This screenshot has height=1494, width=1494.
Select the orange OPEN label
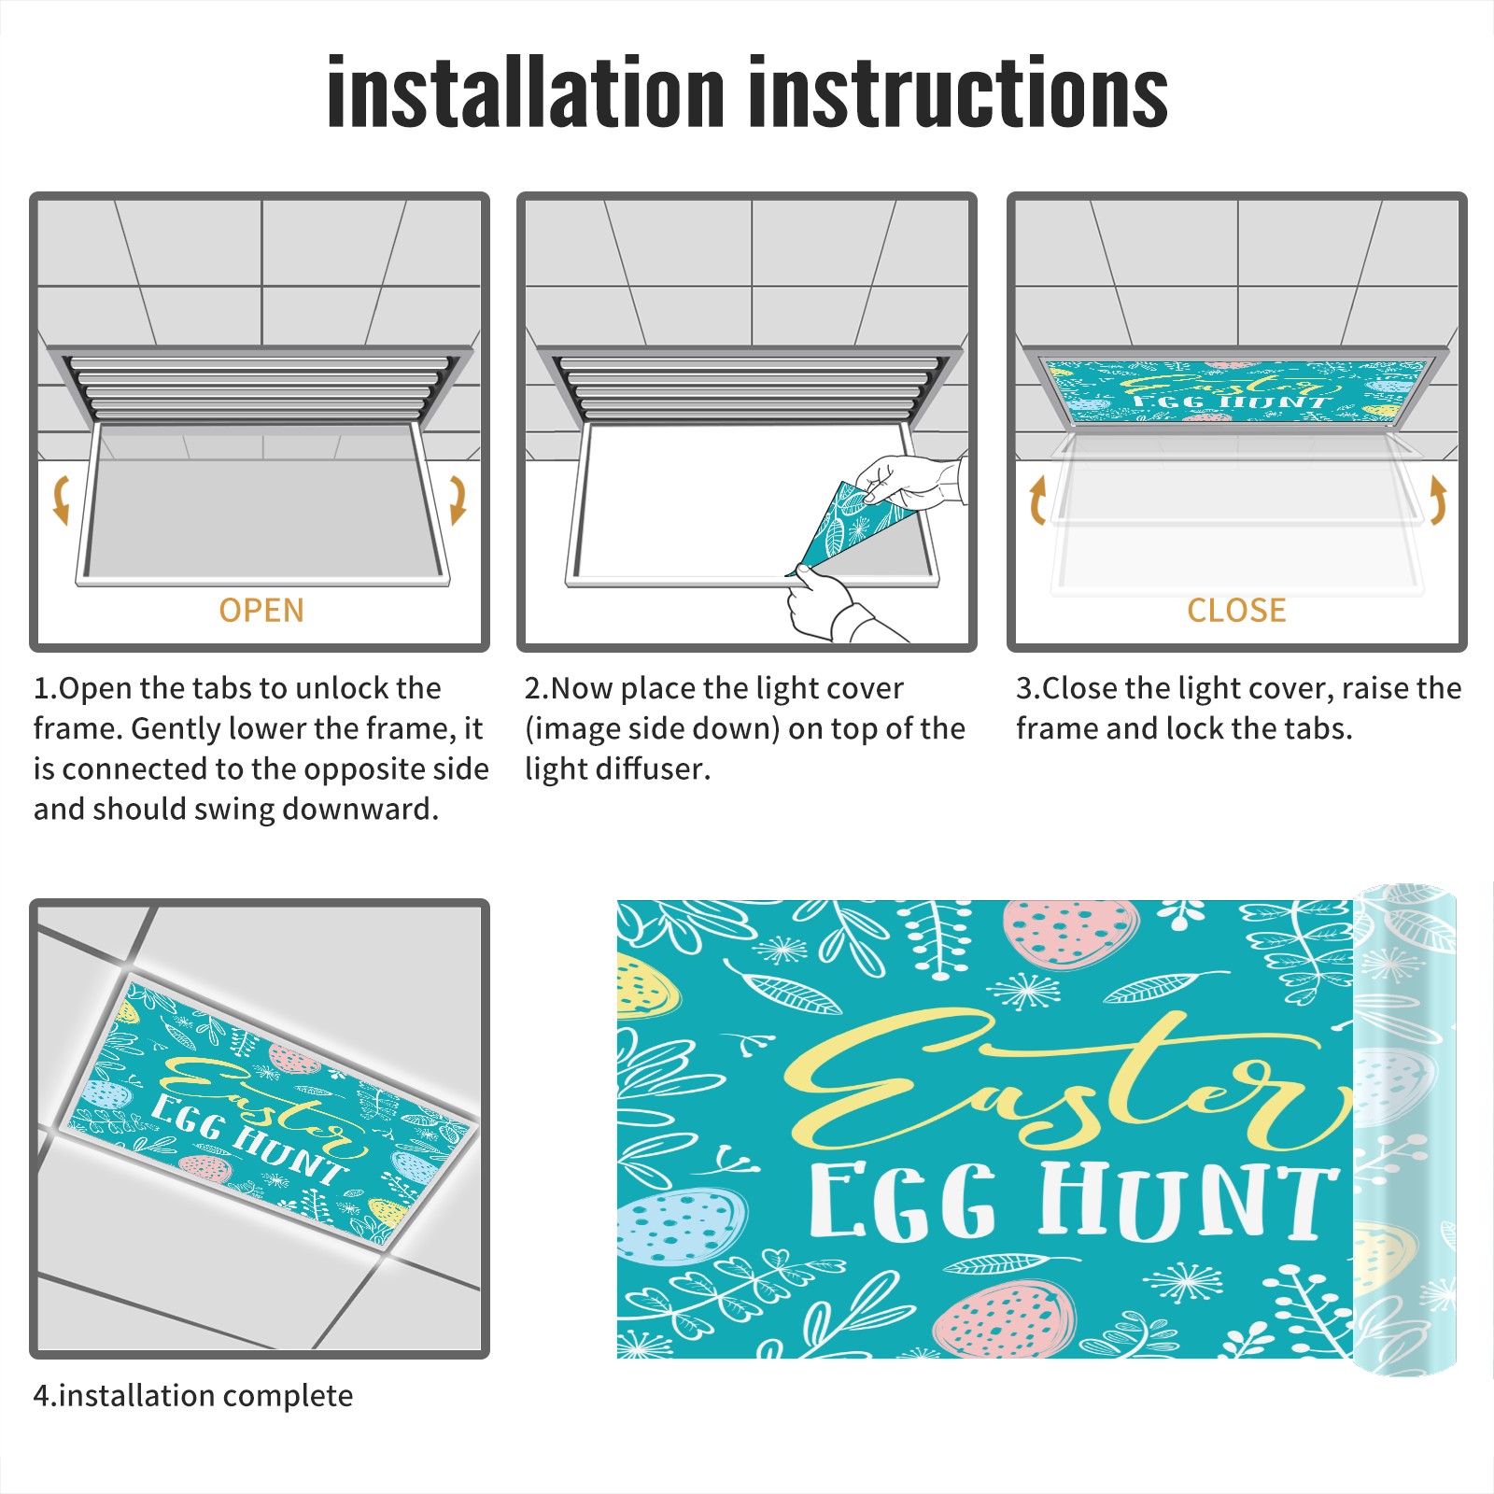pos(261,610)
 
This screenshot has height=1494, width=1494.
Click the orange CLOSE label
pos(1236,610)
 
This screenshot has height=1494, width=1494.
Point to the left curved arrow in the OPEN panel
pos(61,499)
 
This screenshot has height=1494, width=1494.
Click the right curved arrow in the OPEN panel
pos(458,499)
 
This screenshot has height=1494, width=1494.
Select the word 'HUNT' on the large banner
pos(1186,1202)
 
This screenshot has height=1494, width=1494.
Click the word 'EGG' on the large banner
pos(902,1203)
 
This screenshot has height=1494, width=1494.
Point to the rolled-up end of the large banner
pos(1404,1130)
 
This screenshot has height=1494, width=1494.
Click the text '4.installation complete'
pos(193,1396)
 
